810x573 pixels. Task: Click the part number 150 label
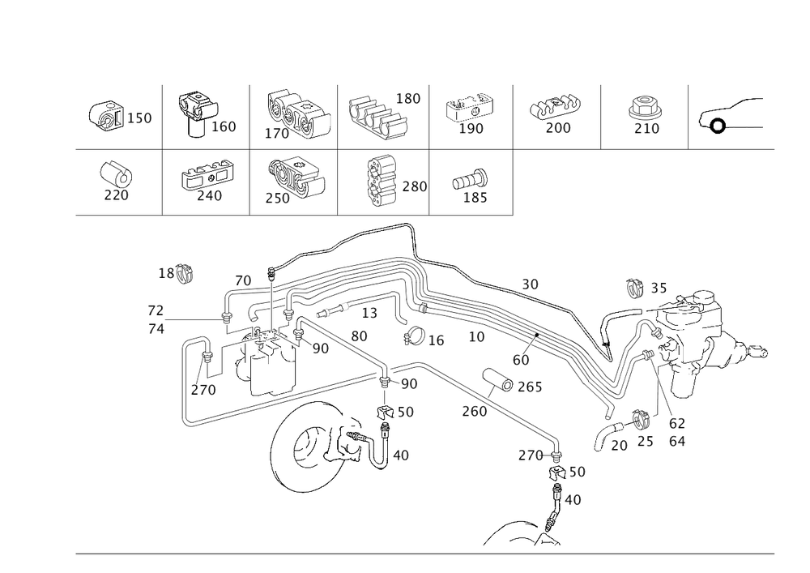point(139,118)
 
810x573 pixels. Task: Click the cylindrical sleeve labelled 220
point(116,173)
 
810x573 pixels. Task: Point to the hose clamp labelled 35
point(634,288)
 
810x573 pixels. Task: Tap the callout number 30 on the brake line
point(530,284)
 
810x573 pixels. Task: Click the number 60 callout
point(521,360)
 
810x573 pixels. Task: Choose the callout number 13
point(369,313)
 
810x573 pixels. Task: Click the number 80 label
point(359,336)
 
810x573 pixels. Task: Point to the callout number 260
point(474,411)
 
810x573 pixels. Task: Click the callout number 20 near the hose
point(619,446)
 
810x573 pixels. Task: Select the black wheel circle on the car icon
point(718,126)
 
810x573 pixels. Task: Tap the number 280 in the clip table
point(414,186)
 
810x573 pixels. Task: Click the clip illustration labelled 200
point(552,106)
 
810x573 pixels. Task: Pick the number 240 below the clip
point(209,196)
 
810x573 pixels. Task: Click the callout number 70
point(243,281)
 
